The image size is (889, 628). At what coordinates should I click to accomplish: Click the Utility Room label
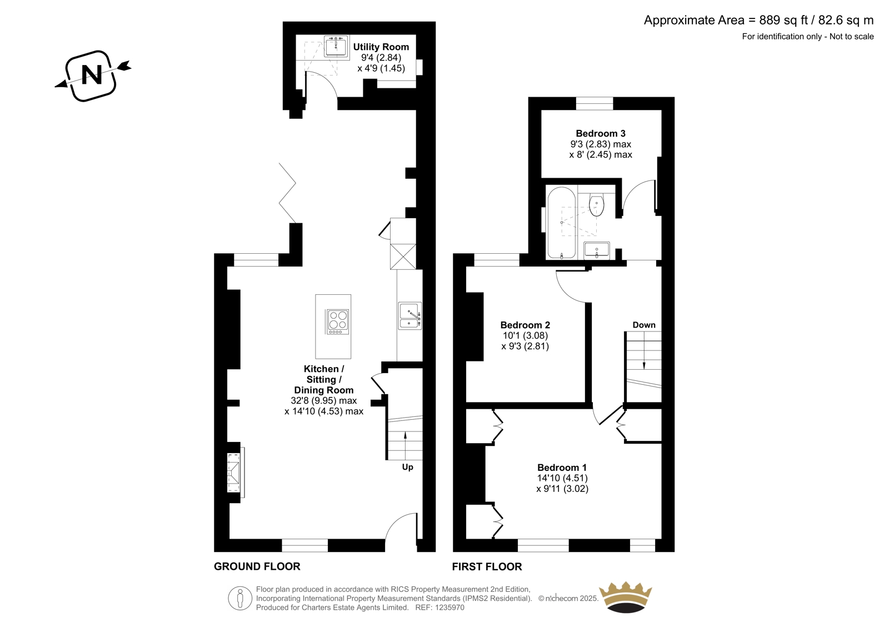(x=381, y=47)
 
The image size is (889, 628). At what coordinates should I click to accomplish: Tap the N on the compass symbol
(x=92, y=74)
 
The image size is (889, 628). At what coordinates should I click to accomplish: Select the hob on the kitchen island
(x=337, y=321)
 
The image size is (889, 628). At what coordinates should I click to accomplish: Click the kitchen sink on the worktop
(x=409, y=315)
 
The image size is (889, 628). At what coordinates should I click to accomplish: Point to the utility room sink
(x=336, y=47)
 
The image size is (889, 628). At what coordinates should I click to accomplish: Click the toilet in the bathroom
(x=596, y=204)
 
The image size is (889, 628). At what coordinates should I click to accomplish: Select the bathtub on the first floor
(x=561, y=223)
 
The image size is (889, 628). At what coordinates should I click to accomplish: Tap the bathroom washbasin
(x=597, y=250)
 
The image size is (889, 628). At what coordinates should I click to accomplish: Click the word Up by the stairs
(x=407, y=467)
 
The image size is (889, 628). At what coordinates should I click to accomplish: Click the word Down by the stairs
(x=644, y=325)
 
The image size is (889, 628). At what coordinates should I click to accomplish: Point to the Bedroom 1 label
(x=562, y=468)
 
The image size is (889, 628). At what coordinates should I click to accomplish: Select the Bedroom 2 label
(x=525, y=325)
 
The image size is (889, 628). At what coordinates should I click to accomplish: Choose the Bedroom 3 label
(x=601, y=133)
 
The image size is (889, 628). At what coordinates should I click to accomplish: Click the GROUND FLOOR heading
(x=257, y=566)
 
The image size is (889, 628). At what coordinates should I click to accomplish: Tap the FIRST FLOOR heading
(x=487, y=566)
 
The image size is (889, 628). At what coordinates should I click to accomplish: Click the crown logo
(x=626, y=597)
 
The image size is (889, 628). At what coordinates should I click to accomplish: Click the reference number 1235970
(x=448, y=607)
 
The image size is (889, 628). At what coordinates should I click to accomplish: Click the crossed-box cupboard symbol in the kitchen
(x=403, y=257)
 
